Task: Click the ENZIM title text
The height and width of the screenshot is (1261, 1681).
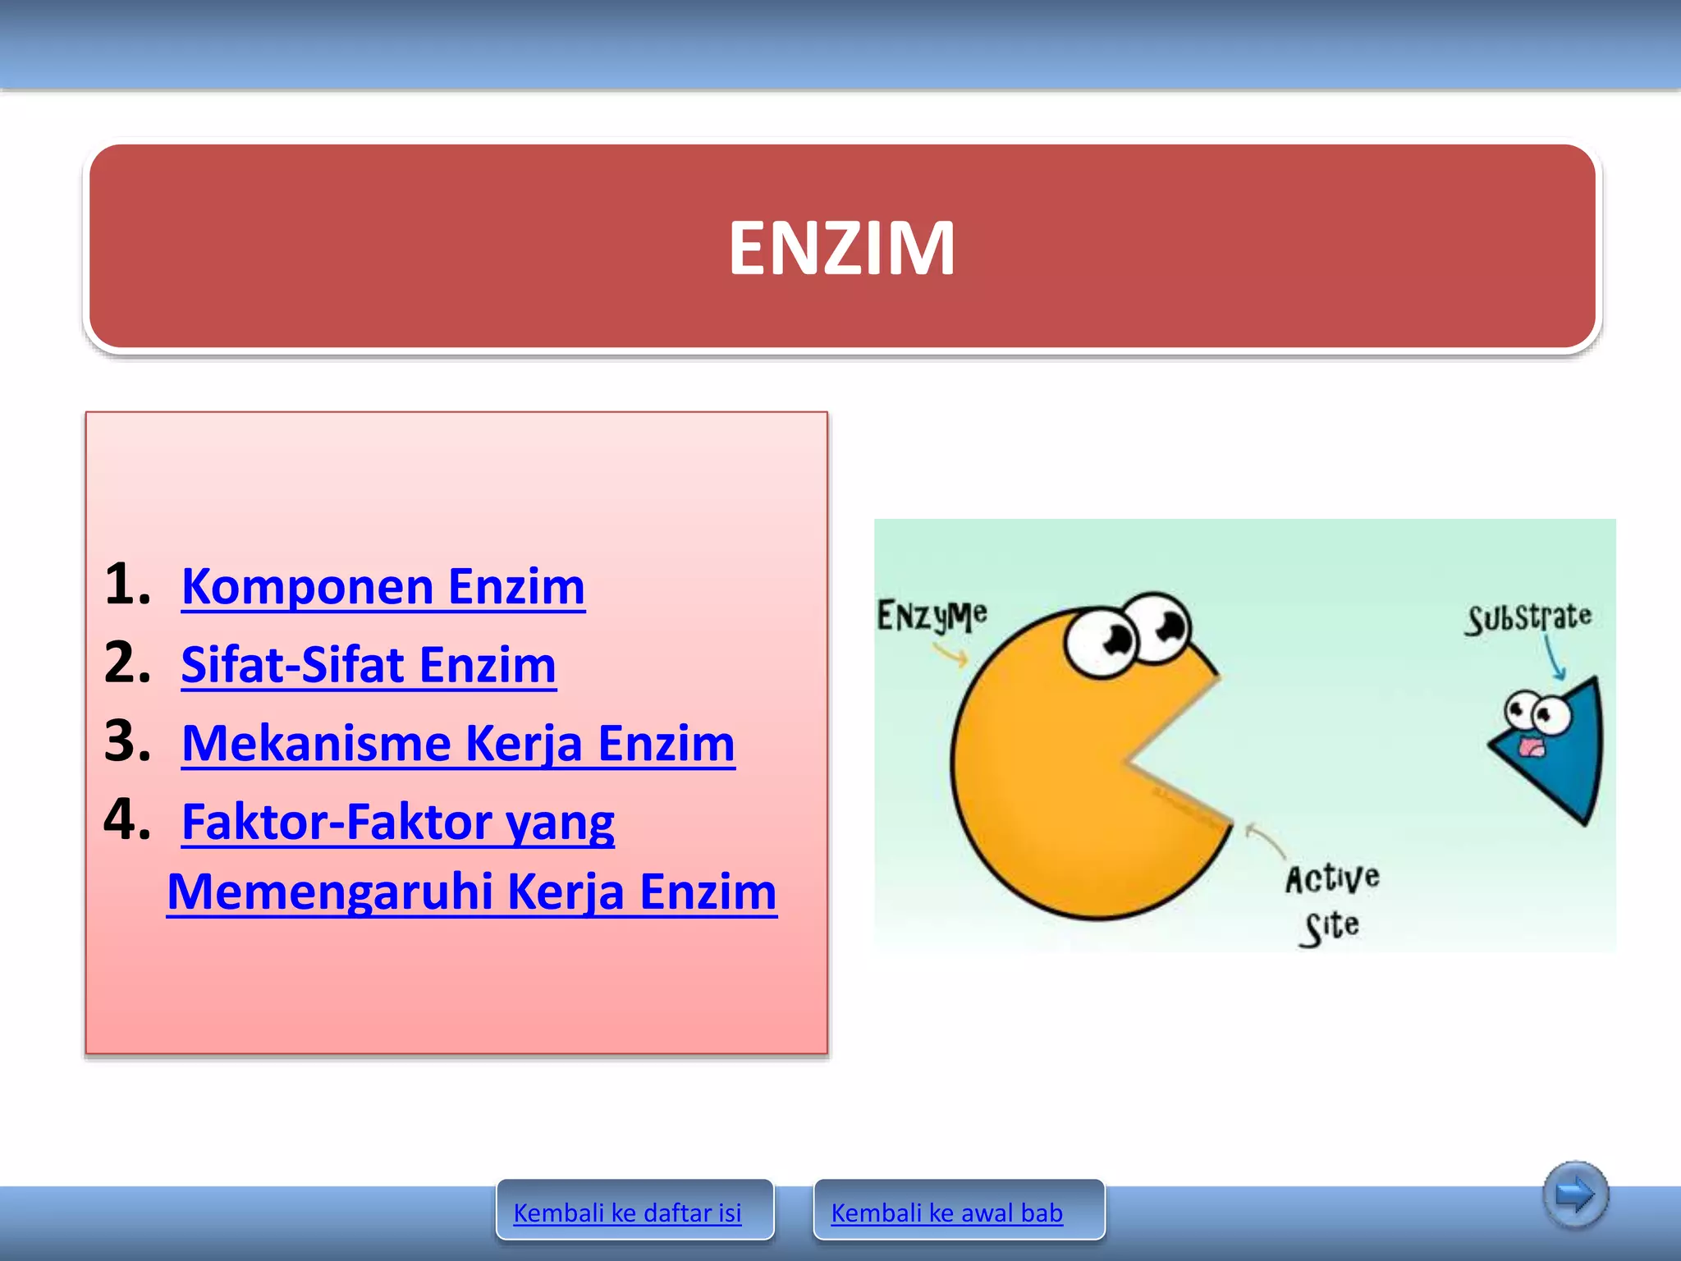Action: (x=842, y=248)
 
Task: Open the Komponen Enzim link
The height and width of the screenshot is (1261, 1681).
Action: (x=383, y=587)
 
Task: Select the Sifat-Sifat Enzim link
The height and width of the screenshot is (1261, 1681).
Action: (x=369, y=665)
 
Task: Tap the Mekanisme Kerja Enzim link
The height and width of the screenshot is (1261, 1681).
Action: (x=458, y=744)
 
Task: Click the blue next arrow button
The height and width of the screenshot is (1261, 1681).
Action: (x=1574, y=1195)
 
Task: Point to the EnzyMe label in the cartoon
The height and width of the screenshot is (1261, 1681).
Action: (x=932, y=616)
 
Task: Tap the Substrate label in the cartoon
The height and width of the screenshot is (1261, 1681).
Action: (x=1529, y=617)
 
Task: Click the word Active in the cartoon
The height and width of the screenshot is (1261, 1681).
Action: (x=1332, y=878)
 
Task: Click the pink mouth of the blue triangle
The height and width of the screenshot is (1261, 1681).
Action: (x=1529, y=748)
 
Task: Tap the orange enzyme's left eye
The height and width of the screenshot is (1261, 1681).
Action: (x=1102, y=640)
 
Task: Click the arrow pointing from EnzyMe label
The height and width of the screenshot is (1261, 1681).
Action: (x=951, y=654)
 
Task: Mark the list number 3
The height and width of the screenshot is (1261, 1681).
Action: (x=127, y=741)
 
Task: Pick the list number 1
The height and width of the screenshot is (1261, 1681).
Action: (x=127, y=585)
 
